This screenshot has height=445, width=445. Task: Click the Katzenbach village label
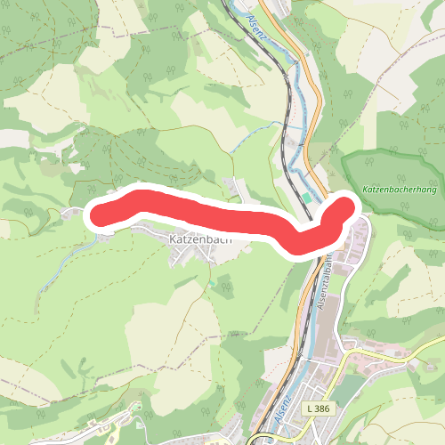click(199, 239)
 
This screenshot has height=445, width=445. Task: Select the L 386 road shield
click(316, 407)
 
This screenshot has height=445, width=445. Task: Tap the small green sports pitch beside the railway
click(307, 197)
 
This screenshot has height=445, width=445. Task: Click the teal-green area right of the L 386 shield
click(347, 392)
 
